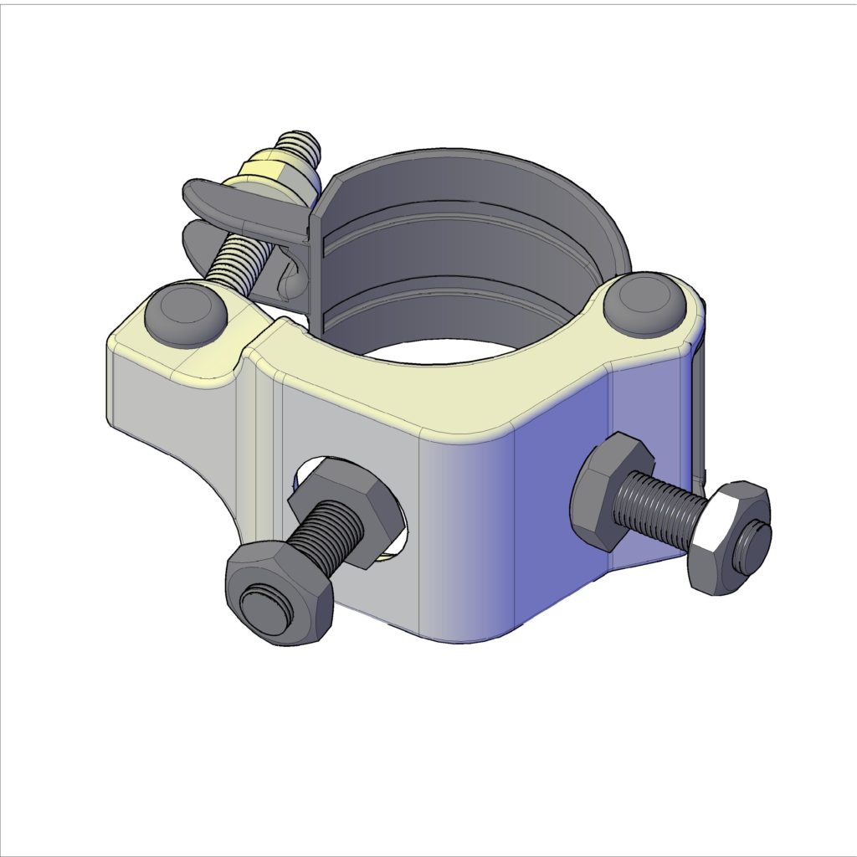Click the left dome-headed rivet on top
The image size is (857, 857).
pos(186,315)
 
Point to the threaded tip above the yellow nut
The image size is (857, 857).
pos(300,146)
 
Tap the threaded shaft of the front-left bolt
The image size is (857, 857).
pos(331,536)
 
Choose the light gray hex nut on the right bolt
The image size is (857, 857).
pos(720,536)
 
